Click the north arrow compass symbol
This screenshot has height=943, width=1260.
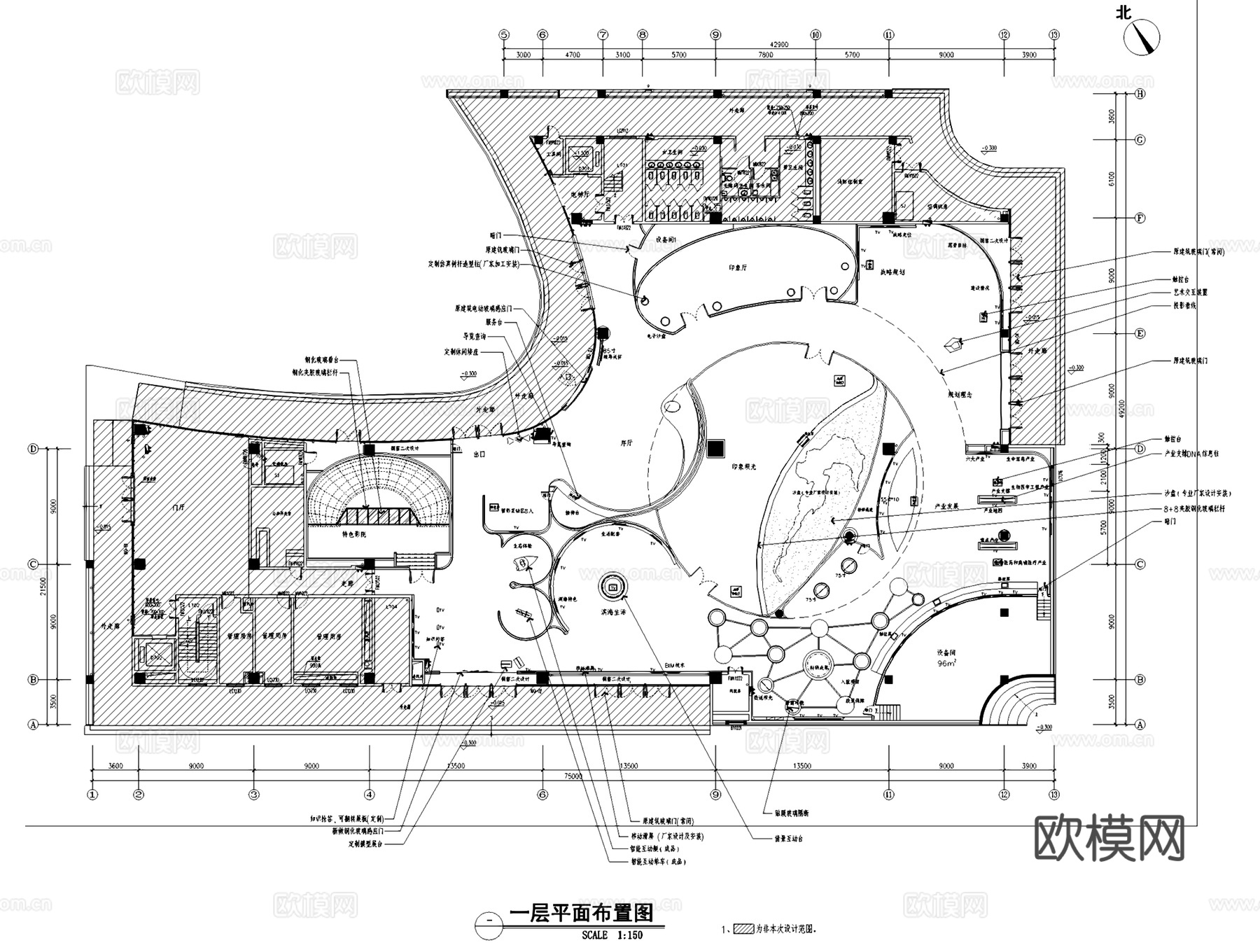point(1142,37)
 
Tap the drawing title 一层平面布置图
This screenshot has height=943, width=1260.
point(580,913)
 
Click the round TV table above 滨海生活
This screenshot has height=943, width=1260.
point(613,587)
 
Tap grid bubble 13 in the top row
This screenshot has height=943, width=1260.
point(1054,34)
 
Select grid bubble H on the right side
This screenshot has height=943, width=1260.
point(1140,94)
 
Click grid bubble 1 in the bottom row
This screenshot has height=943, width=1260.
point(92,795)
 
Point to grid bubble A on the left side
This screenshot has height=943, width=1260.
point(32,725)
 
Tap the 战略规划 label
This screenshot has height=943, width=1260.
point(892,272)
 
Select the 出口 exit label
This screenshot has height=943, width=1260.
point(479,454)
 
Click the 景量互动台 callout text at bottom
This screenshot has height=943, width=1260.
point(788,838)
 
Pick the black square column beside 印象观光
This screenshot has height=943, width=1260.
point(715,447)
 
